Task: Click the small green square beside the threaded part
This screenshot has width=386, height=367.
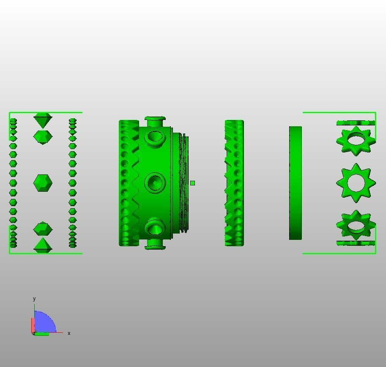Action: (x=192, y=183)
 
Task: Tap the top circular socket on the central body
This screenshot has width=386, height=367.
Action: (x=155, y=137)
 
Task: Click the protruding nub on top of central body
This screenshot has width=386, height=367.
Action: (x=155, y=120)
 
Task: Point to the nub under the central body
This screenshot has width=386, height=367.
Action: (x=155, y=246)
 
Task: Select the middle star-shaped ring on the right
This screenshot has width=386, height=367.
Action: (x=356, y=183)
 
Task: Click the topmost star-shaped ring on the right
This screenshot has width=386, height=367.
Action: (x=356, y=140)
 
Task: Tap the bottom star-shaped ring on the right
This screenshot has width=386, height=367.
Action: (x=356, y=225)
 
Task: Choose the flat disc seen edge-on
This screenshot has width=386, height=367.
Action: (x=296, y=183)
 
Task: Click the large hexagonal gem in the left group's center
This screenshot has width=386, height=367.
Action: (x=43, y=183)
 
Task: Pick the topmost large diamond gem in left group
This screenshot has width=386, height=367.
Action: (x=43, y=120)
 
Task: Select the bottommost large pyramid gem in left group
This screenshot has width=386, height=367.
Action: (x=43, y=246)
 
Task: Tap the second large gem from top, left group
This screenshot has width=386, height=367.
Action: (x=43, y=137)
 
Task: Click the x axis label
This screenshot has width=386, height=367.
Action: (x=69, y=333)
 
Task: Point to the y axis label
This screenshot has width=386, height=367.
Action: (x=34, y=299)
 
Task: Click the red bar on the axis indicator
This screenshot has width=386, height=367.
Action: (x=33, y=325)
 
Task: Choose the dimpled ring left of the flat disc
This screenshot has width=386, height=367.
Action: (x=234, y=183)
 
